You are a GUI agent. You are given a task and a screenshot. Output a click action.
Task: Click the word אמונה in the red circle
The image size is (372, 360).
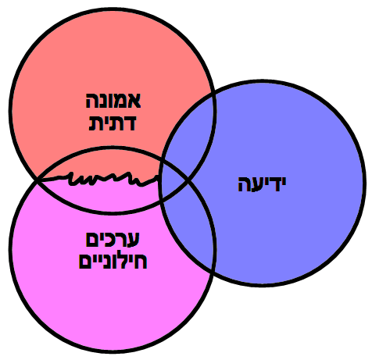[x=113, y=101]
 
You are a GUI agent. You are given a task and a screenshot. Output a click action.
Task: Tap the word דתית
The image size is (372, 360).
[x=113, y=123]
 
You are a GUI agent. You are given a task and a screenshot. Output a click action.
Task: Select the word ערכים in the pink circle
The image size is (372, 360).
[x=113, y=239]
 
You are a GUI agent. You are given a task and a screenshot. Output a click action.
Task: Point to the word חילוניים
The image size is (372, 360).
[x=113, y=261]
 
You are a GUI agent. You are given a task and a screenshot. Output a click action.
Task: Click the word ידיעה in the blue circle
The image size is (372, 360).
[x=262, y=184]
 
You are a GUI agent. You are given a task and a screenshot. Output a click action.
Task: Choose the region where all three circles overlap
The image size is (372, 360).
[x=173, y=182]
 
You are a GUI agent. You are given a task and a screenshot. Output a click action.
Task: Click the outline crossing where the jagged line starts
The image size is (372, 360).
[x=38, y=180]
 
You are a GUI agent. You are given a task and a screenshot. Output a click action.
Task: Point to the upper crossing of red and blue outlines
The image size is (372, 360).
[x=214, y=94]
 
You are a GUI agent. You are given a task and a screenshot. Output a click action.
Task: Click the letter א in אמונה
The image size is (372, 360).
[x=134, y=101]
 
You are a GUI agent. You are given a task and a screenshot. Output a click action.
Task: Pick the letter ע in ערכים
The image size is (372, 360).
[x=134, y=239]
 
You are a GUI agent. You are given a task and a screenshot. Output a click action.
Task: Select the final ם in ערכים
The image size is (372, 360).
[x=91, y=239]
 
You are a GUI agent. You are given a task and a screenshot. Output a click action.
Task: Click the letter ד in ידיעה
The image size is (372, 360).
[x=273, y=184]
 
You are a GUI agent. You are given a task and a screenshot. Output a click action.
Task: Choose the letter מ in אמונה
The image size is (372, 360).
[x=121, y=101]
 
